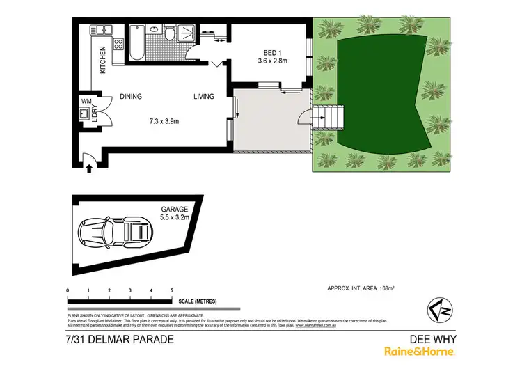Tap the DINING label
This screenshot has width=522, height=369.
[132, 97]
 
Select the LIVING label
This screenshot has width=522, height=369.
[204, 97]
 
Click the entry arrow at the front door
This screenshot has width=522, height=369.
[89, 166]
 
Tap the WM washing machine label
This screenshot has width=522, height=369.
[88, 101]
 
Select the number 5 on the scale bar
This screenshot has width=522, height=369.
[172, 289]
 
